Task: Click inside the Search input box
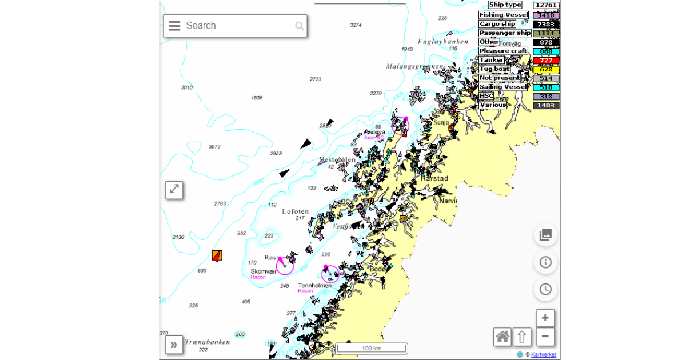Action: click(x=237, y=26)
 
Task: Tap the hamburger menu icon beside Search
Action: click(x=174, y=26)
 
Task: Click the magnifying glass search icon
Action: click(x=299, y=26)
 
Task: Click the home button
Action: click(x=502, y=337)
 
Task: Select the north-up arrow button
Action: click(x=522, y=337)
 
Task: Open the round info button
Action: click(x=545, y=262)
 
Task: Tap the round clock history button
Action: click(x=545, y=289)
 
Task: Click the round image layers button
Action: click(x=545, y=235)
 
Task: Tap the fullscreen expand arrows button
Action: click(x=174, y=190)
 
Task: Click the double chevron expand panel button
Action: click(x=174, y=344)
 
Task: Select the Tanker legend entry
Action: click(x=492, y=60)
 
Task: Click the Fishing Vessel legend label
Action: click(x=503, y=15)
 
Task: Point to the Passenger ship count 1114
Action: click(x=546, y=33)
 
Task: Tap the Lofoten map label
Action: click(x=296, y=211)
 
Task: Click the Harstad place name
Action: click(x=434, y=178)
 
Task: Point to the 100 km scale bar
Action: click(x=372, y=348)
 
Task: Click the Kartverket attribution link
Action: click(x=543, y=355)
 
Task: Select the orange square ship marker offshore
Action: click(x=217, y=255)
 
